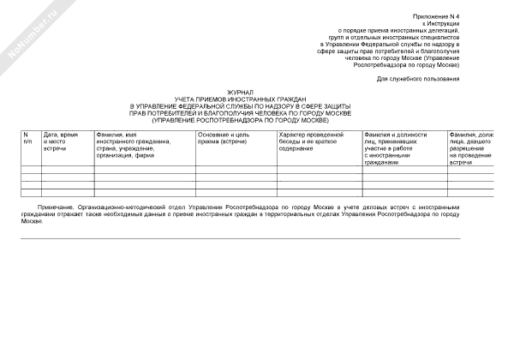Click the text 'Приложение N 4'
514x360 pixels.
[x=437, y=16]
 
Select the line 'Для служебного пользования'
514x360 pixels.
[x=417, y=79]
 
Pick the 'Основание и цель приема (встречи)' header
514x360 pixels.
[x=224, y=139]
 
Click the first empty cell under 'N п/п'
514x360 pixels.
[x=31, y=168]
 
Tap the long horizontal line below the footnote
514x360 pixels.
[x=240, y=238]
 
